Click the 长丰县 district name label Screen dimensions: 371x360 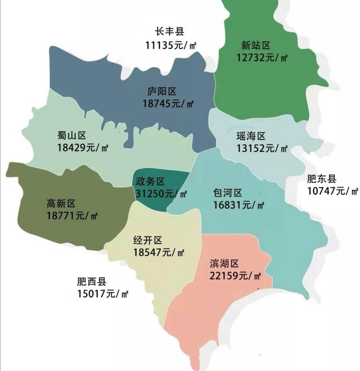(170, 32)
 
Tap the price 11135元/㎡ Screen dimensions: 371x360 (172, 45)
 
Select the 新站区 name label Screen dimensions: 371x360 (255, 45)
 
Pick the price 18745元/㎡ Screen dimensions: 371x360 (168, 104)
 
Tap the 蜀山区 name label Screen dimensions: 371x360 (72, 135)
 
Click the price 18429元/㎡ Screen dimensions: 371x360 (83, 147)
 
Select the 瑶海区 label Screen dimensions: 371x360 (251, 136)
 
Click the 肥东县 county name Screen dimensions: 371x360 (322, 178)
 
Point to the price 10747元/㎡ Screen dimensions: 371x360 (333, 191)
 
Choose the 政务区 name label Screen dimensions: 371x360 (150, 181)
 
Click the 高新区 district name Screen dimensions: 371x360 (61, 204)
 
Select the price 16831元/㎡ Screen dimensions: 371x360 (239, 205)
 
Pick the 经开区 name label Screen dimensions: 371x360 (148, 240)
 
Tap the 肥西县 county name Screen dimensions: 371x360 (91, 282)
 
